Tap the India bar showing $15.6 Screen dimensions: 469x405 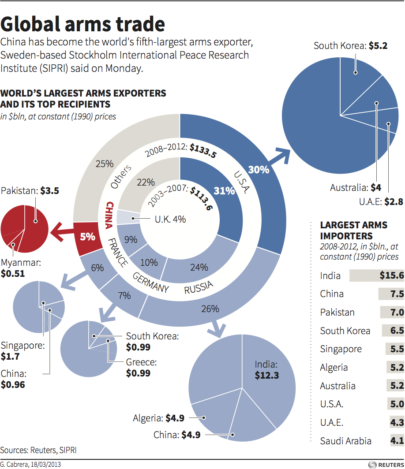pyautogui.click(x=376, y=276)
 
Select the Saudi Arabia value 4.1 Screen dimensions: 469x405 pyautogui.click(x=397, y=441)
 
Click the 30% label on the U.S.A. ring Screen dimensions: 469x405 pyautogui.click(x=259, y=169)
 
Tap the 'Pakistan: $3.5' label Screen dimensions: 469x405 pyautogui.click(x=30, y=191)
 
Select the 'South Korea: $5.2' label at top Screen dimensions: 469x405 pyautogui.click(x=350, y=45)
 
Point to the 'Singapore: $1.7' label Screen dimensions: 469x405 pyautogui.click(x=22, y=350)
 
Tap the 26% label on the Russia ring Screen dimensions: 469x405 pyautogui.click(x=210, y=309)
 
